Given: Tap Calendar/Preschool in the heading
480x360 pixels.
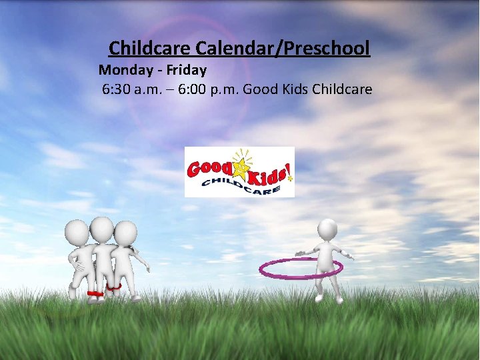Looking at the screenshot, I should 283,49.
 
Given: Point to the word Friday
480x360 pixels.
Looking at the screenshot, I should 186,69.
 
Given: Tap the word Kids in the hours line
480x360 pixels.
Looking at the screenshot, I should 293,89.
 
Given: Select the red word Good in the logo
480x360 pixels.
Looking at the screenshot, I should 208,167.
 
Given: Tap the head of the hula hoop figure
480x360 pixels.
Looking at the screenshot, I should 327,229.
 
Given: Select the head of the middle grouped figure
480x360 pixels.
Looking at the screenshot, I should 101,229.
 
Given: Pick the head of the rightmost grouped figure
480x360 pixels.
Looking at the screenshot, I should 125,233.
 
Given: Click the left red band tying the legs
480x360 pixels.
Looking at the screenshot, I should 94,293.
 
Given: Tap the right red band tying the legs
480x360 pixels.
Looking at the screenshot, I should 113,287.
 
